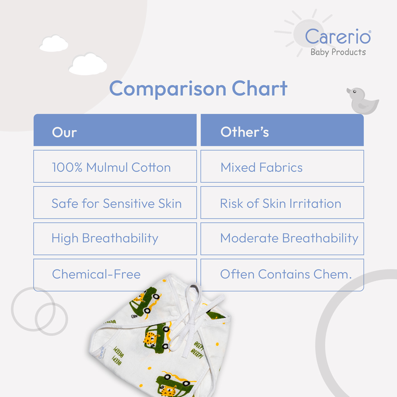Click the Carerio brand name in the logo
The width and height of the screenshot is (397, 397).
(338, 37)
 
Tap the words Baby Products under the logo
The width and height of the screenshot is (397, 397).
(338, 52)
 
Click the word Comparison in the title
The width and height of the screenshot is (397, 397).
(168, 89)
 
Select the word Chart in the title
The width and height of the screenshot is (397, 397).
(260, 88)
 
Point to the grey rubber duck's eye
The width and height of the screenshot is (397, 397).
(355, 92)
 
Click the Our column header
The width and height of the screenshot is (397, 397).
(115, 130)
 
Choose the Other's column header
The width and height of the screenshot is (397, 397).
(282, 130)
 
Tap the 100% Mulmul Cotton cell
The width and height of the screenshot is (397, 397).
(115, 166)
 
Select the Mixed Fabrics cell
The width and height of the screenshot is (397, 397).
(282, 166)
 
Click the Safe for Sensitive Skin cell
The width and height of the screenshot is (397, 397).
(115, 202)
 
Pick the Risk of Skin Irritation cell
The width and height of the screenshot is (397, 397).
(282, 202)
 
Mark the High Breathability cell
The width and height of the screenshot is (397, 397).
(115, 239)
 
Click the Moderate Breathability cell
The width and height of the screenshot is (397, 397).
(282, 239)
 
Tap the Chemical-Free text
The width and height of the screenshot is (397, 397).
(96, 274)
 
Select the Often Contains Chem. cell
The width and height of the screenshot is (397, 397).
(282, 275)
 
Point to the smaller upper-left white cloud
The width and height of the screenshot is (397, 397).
(54, 44)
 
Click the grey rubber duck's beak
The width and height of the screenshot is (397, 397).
(349, 91)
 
